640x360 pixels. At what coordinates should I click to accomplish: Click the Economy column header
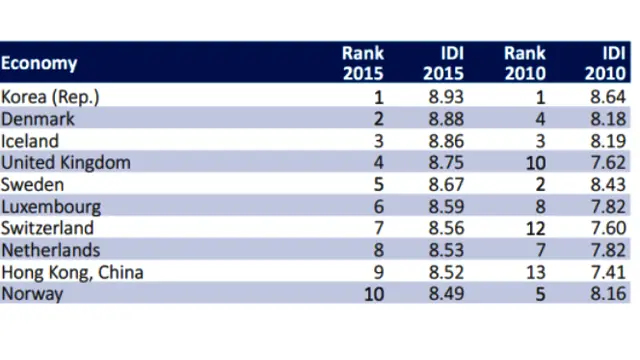39,63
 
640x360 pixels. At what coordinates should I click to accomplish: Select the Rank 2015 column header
363,63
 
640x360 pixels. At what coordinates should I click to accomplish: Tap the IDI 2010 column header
605,63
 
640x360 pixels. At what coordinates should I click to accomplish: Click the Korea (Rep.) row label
50,97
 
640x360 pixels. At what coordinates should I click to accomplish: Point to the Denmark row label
38,119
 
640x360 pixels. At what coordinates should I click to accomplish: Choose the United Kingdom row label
66,162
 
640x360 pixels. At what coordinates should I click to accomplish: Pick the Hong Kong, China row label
72,272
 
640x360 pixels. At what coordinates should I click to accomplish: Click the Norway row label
32,294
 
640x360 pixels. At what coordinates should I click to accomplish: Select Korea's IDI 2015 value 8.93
446,97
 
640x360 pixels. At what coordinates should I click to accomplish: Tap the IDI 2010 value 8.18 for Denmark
608,119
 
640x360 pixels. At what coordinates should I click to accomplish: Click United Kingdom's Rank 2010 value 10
536,163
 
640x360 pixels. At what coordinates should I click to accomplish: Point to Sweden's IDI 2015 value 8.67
446,184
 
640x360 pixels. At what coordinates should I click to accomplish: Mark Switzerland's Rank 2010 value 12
536,228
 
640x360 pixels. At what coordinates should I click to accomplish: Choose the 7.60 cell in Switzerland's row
608,228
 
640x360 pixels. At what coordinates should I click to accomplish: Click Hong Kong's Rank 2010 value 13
536,272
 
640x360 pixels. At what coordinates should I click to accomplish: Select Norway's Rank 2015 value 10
374,294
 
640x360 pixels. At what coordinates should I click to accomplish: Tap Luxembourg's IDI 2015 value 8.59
446,207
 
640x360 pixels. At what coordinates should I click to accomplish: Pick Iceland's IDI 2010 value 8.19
608,141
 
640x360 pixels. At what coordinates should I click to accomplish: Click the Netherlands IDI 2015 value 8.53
446,250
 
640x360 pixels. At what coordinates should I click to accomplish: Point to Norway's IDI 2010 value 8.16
608,294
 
